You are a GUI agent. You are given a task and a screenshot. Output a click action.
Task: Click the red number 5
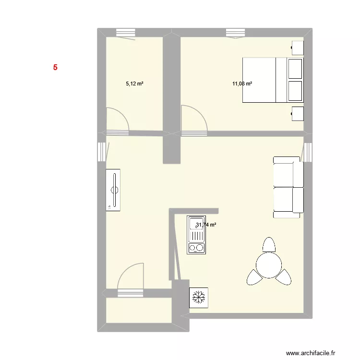click(55, 68)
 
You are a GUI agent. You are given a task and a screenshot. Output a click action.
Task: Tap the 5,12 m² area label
click(135, 84)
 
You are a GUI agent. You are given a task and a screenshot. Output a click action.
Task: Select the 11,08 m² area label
click(242, 84)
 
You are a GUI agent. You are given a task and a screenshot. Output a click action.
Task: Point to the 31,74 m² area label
click(206, 224)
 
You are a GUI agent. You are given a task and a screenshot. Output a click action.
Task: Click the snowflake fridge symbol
click(198, 298)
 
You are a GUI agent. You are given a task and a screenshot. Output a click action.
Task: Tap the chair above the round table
click(269, 244)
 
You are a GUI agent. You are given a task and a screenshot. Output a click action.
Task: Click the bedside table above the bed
click(298, 48)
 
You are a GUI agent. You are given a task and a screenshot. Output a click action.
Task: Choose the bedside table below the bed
click(298, 114)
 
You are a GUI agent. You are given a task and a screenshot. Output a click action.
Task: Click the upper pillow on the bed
click(295, 68)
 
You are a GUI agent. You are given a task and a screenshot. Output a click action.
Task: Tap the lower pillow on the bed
click(295, 91)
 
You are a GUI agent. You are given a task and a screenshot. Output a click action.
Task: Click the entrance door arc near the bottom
click(131, 276)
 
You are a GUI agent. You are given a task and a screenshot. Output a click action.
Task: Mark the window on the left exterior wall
click(102, 152)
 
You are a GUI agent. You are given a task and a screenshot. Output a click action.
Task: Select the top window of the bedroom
click(235, 33)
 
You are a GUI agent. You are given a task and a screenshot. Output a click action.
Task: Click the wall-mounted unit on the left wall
click(113, 190)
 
